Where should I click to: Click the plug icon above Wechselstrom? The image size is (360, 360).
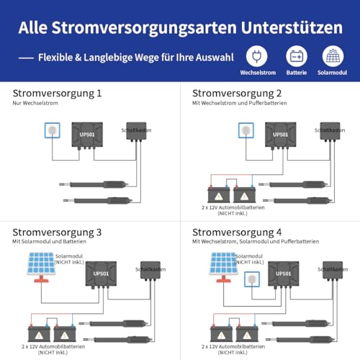tap(256, 57)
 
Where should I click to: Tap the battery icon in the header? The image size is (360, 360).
tap(295, 57)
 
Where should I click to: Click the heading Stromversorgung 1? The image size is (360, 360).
tap(58, 94)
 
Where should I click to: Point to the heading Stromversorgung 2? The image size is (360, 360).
tap(238, 94)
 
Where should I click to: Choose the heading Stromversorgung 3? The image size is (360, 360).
tap(58, 232)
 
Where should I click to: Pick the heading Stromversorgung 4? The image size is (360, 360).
tap(238, 232)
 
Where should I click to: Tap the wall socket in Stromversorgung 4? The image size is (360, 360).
tap(252, 279)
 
